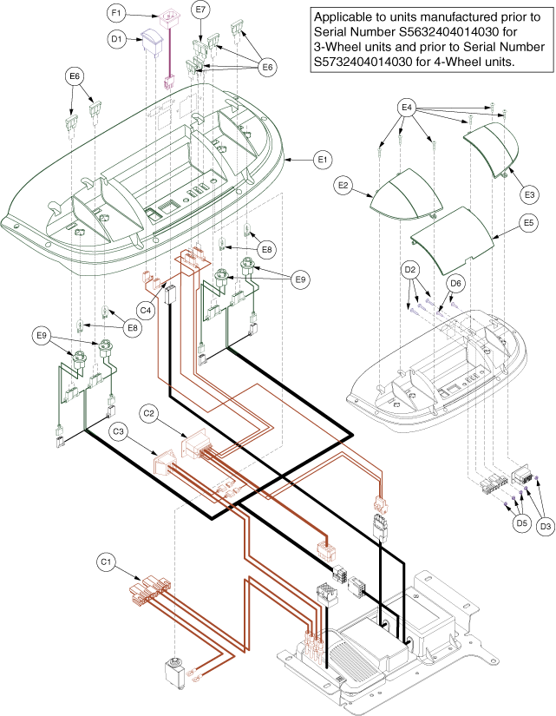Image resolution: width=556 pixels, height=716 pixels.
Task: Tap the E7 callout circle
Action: [x=201, y=10]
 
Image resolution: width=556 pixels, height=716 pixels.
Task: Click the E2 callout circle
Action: [x=344, y=186]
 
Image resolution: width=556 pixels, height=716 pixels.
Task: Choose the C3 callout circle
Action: [x=118, y=430]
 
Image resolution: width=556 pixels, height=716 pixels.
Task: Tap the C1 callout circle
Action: [x=106, y=562]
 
